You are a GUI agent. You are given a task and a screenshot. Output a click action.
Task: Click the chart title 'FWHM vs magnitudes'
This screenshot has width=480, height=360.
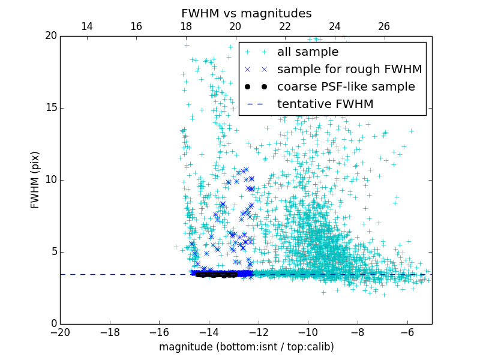point(246,13)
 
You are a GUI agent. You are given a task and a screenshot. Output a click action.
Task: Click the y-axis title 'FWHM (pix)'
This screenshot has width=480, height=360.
point(35,179)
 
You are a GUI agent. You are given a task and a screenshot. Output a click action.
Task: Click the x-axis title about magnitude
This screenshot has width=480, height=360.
point(246,347)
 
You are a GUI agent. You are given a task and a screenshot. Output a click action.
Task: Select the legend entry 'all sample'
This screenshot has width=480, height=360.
point(308,52)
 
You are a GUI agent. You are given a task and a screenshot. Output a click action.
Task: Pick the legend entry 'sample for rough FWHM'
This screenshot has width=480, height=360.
point(349,70)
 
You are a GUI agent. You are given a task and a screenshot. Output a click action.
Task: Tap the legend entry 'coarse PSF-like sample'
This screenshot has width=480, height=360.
point(346,87)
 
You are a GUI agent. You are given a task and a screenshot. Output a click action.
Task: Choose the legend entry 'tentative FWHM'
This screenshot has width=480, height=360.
point(325,104)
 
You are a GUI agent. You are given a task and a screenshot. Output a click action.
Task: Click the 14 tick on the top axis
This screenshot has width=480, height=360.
point(86,26)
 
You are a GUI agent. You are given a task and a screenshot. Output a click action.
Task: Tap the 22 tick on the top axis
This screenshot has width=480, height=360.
point(285,26)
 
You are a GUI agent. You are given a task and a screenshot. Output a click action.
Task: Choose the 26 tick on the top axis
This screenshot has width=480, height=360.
point(384,26)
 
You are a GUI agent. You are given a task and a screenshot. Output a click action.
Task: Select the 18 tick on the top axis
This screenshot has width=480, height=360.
point(185,26)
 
